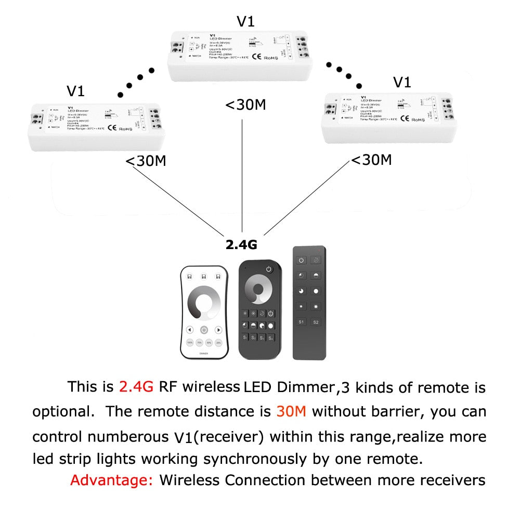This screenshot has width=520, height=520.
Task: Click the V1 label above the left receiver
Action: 75,92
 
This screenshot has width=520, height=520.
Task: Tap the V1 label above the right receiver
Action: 402,82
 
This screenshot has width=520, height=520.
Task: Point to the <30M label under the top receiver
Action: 245,105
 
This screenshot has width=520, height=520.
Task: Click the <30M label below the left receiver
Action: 146,161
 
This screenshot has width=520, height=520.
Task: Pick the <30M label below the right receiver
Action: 371,160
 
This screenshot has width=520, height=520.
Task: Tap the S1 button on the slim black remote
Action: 301,322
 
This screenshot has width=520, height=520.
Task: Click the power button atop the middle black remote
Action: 268,269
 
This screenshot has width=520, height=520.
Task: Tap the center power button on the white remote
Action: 204,330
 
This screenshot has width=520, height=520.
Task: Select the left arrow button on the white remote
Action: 190,330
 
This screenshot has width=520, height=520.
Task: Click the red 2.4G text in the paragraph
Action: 136,387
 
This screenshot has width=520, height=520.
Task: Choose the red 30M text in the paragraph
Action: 291,412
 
